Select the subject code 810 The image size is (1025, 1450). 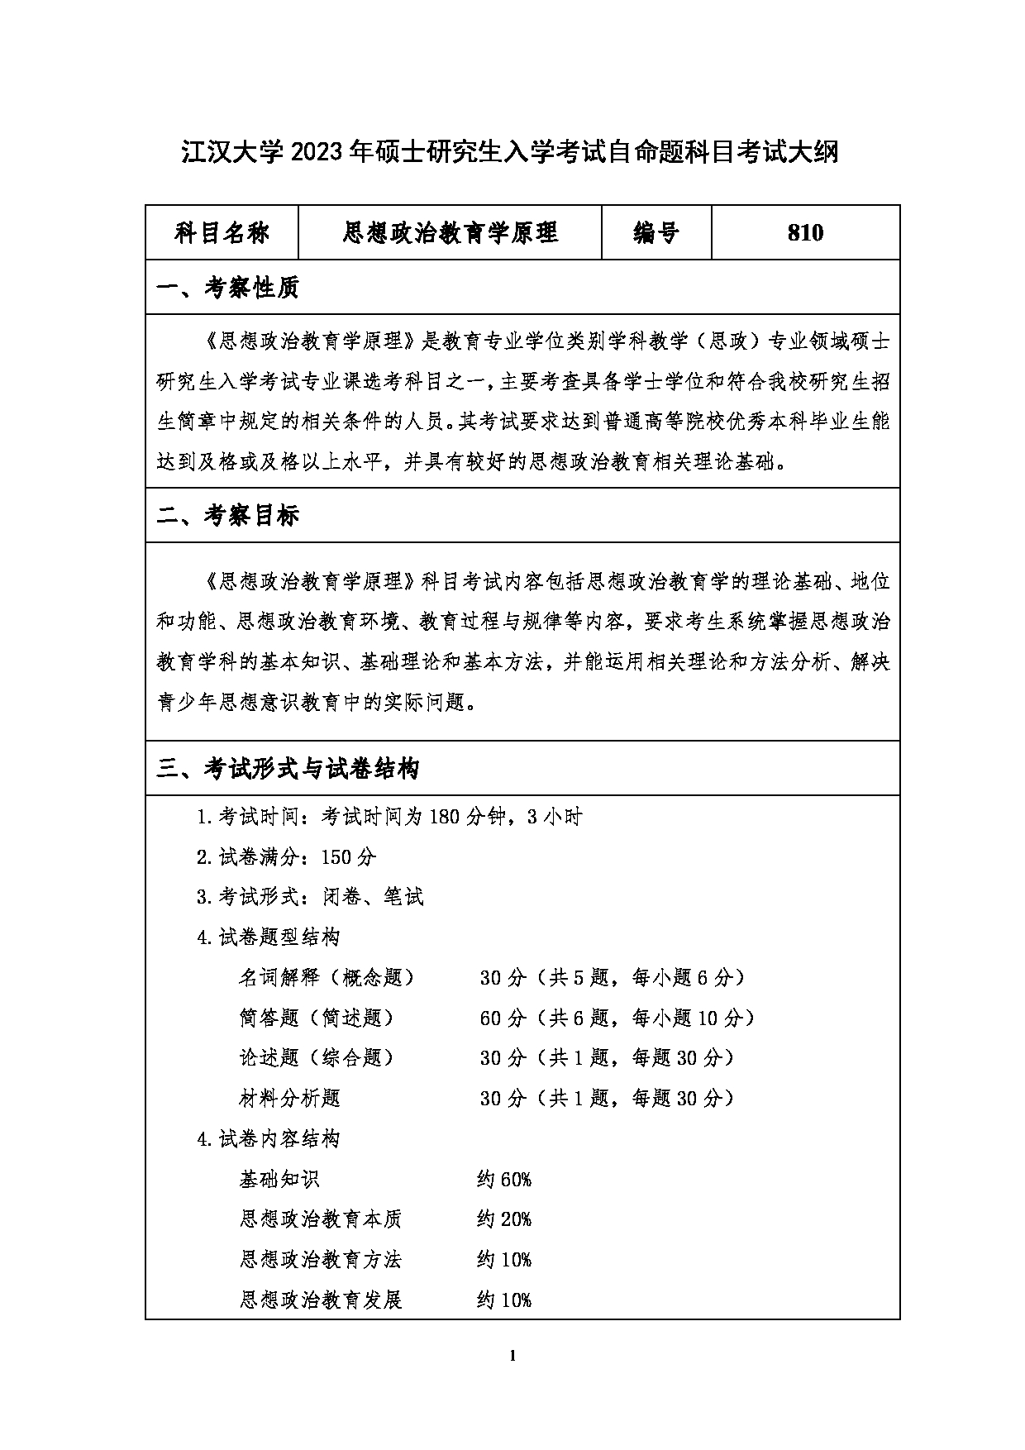(x=805, y=233)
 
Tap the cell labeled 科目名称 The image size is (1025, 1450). (x=222, y=233)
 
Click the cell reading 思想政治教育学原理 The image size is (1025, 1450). (x=451, y=233)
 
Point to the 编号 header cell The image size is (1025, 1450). (x=656, y=233)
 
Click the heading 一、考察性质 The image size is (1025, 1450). (x=228, y=288)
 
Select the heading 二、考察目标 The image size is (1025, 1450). (x=228, y=516)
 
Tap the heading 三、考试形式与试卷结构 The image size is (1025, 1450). (x=288, y=769)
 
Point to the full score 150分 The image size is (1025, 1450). (x=348, y=856)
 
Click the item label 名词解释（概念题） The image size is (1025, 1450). (x=327, y=977)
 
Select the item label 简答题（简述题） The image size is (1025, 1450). (x=316, y=1018)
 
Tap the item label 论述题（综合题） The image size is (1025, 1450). (x=316, y=1057)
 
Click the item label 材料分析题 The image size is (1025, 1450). (x=289, y=1098)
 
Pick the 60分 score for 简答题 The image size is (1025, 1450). (x=503, y=1018)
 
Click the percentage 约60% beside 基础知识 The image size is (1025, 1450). (x=503, y=1179)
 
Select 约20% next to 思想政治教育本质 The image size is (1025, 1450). (x=503, y=1219)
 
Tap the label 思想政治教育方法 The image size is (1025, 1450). (x=321, y=1260)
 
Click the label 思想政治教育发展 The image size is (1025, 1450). (x=321, y=1300)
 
